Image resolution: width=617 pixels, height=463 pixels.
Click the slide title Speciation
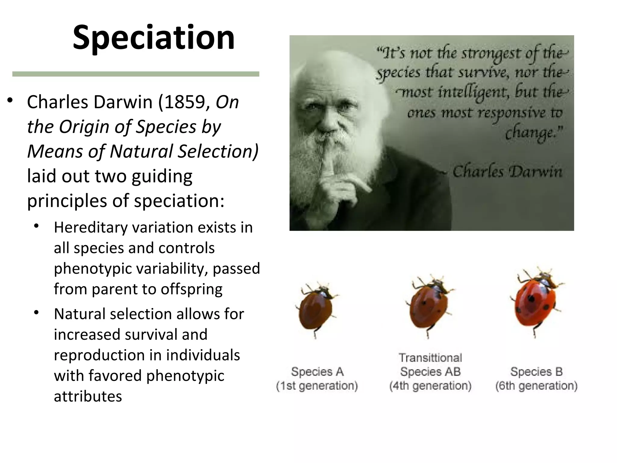154,38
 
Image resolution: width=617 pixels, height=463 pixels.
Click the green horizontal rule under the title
136,74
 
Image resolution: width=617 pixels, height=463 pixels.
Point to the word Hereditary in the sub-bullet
91,227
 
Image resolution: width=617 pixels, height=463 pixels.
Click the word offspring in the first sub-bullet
191,289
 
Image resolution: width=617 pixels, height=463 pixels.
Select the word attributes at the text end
88,396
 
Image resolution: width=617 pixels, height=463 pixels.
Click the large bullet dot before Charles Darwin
10,100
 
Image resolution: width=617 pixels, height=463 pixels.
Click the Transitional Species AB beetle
429,304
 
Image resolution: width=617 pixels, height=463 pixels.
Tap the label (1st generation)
317,386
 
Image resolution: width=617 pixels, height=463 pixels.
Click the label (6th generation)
536,386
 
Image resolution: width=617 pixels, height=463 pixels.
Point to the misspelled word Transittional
430,358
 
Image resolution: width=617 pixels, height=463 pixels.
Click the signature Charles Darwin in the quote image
508,172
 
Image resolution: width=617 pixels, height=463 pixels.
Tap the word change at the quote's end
533,133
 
